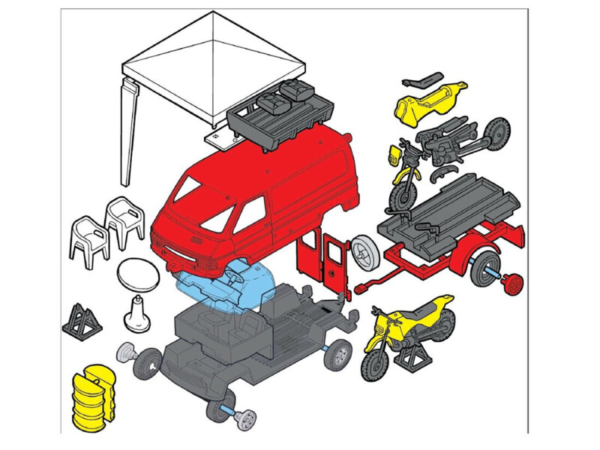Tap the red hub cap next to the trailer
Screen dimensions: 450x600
point(513,285)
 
